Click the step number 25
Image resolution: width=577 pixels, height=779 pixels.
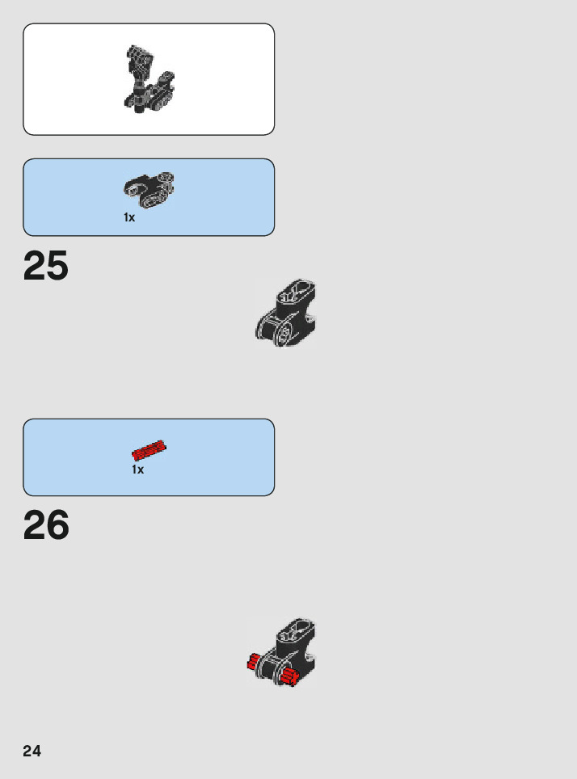click(46, 266)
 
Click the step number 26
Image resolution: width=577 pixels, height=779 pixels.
click(46, 526)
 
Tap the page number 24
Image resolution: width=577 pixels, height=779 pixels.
click(32, 751)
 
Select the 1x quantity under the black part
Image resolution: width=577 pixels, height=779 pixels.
click(129, 217)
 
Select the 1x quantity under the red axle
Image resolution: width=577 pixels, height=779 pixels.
click(138, 470)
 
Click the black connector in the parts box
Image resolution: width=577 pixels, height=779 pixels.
click(149, 187)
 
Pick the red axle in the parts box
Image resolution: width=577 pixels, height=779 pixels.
click(149, 449)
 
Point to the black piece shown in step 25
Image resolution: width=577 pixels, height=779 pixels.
click(285, 315)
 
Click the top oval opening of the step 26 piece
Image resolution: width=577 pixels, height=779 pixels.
click(295, 630)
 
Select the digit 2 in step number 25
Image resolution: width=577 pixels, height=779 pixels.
click(34, 266)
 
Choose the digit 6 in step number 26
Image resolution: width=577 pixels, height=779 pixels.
click(57, 526)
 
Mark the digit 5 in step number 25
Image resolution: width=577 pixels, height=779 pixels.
click(57, 266)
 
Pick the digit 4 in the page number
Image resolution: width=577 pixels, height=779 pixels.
click(36, 751)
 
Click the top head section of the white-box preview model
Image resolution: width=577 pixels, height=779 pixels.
click(138, 58)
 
